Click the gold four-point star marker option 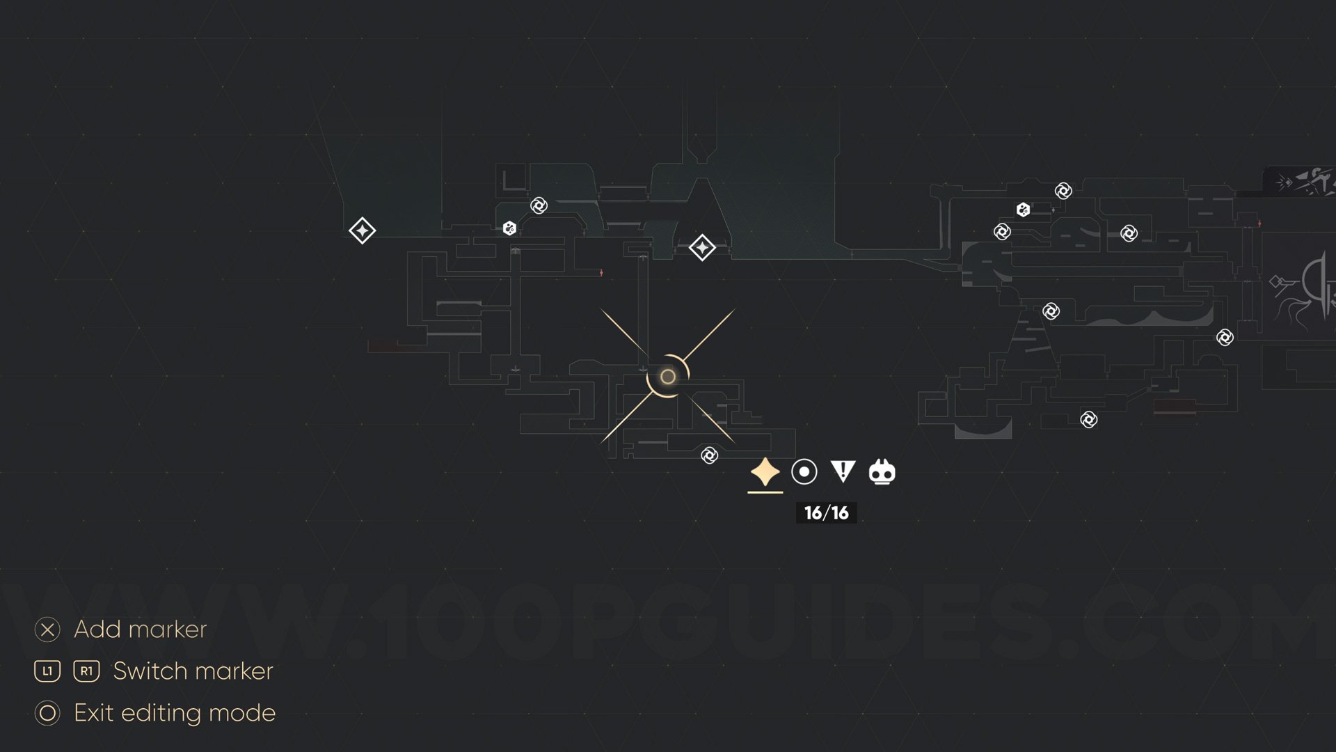765,472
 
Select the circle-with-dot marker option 804,472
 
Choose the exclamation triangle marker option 843,471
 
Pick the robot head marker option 882,472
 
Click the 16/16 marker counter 826,513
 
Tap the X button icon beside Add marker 47,629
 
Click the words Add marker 140,629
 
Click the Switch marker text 193,671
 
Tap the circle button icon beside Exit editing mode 47,713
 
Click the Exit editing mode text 175,713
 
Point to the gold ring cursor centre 667,377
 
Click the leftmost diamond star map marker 362,230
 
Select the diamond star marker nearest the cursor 702,247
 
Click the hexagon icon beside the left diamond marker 509,228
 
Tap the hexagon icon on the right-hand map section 1023,210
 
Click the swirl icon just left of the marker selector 709,455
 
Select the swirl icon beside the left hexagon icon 539,205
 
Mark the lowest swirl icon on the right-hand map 1088,419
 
